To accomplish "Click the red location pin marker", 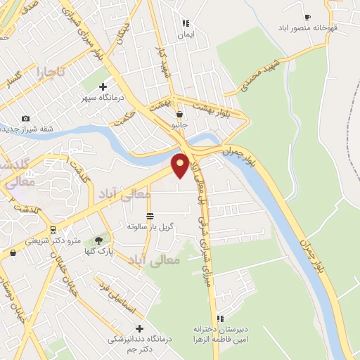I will coord(180,165).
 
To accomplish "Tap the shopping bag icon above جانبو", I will coord(180,115).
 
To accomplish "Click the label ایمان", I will coord(185,34).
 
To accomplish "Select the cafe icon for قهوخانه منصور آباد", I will coord(307,17).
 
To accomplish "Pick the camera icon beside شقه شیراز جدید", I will coord(26,118).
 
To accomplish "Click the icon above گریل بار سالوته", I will coord(150,216).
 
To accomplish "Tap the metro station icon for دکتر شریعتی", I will coord(52,230).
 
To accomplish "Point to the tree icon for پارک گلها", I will coord(105,240).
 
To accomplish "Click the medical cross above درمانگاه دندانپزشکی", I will coord(139,328).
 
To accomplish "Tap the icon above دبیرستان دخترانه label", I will coord(221,319).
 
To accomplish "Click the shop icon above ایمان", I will coord(186,23).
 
